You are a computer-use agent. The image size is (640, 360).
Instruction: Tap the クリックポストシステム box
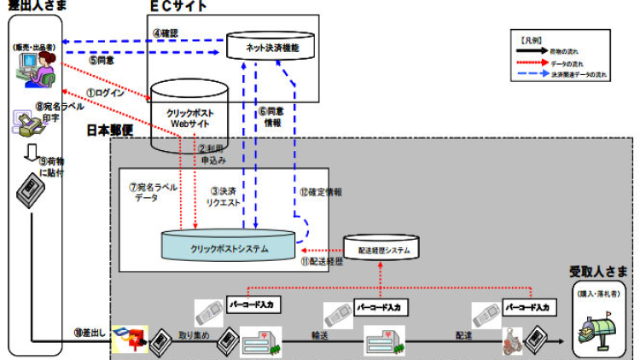click(230, 247)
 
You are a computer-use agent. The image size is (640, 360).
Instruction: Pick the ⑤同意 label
click(102, 61)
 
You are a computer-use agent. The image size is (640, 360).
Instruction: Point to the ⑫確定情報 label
click(322, 192)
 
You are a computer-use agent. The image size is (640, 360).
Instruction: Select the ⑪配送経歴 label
click(322, 263)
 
